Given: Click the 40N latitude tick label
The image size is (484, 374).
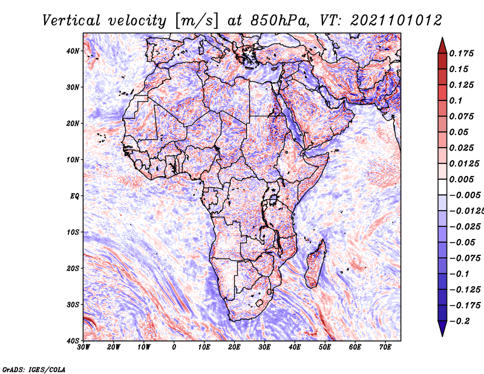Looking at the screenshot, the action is pyautogui.click(x=73, y=51).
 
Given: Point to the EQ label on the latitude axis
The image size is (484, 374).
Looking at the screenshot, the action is pyautogui.click(x=74, y=196).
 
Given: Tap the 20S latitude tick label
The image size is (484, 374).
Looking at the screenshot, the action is pyautogui.click(x=73, y=268).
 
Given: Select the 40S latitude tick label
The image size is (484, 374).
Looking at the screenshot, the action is pyautogui.click(x=73, y=341).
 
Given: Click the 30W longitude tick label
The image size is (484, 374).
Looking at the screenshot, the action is pyautogui.click(x=83, y=347).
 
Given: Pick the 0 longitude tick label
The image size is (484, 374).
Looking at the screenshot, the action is pyautogui.click(x=174, y=347).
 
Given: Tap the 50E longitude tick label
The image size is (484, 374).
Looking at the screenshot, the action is pyautogui.click(x=325, y=347).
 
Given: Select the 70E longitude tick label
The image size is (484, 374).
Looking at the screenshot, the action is pyautogui.click(x=385, y=347).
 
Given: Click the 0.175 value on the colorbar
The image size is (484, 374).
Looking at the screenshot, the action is pyautogui.click(x=462, y=53).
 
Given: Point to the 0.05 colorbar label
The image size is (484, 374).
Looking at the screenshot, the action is pyautogui.click(x=459, y=132).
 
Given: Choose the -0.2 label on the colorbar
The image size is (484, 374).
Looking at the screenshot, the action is pyautogui.click(x=460, y=321).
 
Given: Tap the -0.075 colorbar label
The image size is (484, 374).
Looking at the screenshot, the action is pyautogui.click(x=465, y=258).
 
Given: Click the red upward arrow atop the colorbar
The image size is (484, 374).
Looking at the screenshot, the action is pyautogui.click(x=442, y=46).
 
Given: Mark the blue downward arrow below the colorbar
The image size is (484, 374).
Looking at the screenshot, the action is pyautogui.click(x=442, y=328).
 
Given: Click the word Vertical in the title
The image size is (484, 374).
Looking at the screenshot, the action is pyautogui.click(x=71, y=21).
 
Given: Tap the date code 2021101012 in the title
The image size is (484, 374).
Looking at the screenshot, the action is pyautogui.click(x=396, y=21).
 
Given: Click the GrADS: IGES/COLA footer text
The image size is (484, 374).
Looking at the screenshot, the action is pyautogui.click(x=34, y=369).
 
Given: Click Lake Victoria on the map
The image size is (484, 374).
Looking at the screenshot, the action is pyautogui.click(x=273, y=200).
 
